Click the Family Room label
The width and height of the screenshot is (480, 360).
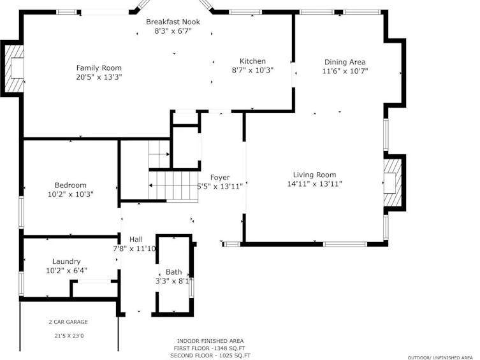click(x=99, y=68)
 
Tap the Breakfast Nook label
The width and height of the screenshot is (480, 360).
click(x=173, y=22)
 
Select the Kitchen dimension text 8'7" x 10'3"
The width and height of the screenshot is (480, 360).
click(x=252, y=70)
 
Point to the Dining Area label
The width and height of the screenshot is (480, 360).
click(x=345, y=62)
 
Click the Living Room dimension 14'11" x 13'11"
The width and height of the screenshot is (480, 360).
click(x=314, y=184)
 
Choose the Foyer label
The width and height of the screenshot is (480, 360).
click(x=220, y=178)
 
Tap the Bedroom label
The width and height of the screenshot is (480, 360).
click(x=70, y=185)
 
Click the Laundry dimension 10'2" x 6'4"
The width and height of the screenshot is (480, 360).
click(x=66, y=270)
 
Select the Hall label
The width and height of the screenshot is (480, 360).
click(x=136, y=239)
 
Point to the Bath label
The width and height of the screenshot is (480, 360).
click(x=173, y=272)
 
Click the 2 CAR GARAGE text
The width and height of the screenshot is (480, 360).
click(x=68, y=322)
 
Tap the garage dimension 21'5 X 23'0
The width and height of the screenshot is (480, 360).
click(x=69, y=336)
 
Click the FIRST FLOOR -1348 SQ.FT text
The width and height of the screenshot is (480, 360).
click(x=209, y=348)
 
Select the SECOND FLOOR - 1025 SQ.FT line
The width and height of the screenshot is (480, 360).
click(x=210, y=356)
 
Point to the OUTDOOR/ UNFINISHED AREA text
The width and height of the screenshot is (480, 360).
click(x=440, y=357)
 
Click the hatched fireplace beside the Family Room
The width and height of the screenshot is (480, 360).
click(x=15, y=69)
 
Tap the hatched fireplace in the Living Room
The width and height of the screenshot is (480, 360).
click(x=393, y=183)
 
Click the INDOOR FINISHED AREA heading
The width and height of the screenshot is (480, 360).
click(x=210, y=341)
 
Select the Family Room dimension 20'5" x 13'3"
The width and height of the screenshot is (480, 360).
click(x=99, y=77)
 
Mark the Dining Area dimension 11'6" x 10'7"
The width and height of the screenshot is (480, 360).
click(x=345, y=71)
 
